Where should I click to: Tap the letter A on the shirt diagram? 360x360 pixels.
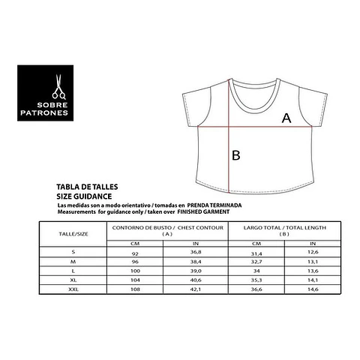[x=286, y=118]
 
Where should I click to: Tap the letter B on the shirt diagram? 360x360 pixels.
[x=236, y=155]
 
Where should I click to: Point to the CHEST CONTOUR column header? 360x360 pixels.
[x=167, y=229]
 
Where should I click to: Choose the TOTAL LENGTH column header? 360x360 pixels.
[x=283, y=229]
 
